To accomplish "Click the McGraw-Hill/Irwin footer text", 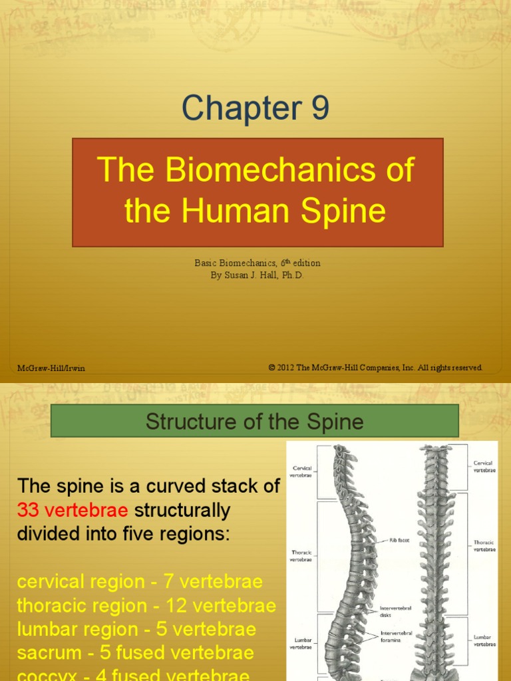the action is point(51,368).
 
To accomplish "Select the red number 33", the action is point(28,511).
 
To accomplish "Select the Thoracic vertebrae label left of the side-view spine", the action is point(301,556).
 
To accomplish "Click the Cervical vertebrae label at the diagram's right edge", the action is point(483,466).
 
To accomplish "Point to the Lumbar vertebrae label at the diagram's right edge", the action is point(483,640).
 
